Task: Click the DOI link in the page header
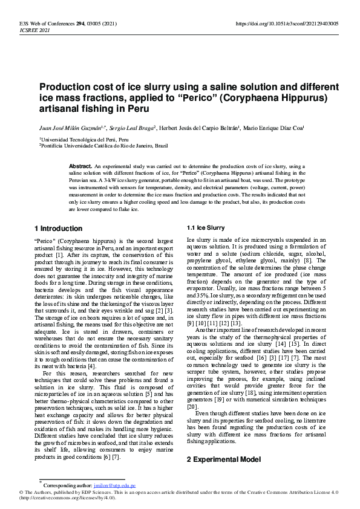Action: [287, 24]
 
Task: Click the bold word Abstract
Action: [80, 166]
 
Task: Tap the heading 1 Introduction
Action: [59, 229]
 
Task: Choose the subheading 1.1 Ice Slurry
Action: [206, 228]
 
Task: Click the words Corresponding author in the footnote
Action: [66, 485]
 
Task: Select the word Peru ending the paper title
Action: [137, 109]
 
